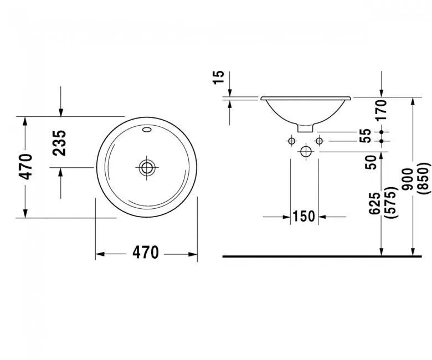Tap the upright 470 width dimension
[x=146, y=253]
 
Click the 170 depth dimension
[x=379, y=110]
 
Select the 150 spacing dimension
[x=304, y=216]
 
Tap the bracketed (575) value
[x=394, y=203]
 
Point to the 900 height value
[x=408, y=179]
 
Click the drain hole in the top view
[x=147, y=167]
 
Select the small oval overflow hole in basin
[x=147, y=131]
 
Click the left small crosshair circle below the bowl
[x=291, y=141]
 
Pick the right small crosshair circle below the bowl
[x=318, y=141]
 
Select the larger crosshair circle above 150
[x=305, y=151]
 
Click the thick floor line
[x=321, y=256]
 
